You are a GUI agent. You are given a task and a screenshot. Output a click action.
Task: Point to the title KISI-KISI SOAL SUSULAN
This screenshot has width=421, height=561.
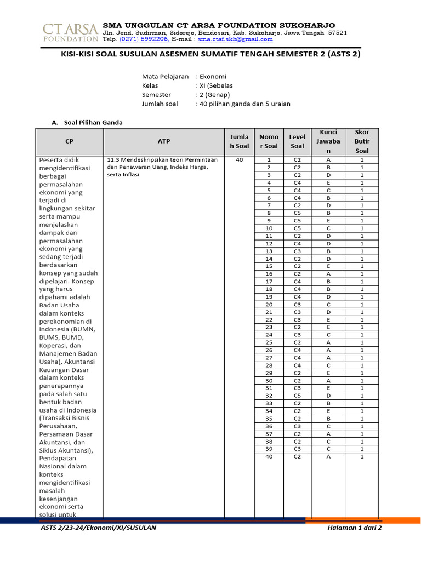coord(210,55)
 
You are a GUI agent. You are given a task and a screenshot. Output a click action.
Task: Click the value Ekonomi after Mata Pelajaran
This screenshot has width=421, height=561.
coord(213,76)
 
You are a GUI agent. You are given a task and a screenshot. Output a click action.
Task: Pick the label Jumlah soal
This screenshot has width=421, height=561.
coord(160,104)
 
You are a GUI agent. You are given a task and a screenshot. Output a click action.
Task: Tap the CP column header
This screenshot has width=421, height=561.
coord(69,141)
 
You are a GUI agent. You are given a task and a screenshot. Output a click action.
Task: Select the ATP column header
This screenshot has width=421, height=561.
coord(164,141)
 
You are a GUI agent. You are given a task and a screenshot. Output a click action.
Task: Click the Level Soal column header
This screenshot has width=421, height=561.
coord(297,141)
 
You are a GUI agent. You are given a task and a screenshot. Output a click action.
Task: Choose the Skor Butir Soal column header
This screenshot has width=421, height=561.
coord(362,141)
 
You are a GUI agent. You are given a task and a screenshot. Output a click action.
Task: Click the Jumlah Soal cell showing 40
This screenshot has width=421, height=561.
coord(239,159)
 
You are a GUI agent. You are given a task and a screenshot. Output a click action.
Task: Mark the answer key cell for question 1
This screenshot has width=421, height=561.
coord(328,159)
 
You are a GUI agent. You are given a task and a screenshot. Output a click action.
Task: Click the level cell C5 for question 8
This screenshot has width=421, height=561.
coord(297,213)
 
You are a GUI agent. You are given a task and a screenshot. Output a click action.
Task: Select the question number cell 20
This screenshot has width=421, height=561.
coord(269,304)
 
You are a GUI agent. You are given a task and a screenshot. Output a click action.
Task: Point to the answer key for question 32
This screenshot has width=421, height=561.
coord(328,395)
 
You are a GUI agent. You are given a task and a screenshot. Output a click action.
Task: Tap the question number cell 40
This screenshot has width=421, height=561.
coord(269,456)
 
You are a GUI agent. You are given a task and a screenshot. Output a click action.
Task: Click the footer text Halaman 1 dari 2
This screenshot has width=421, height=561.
coord(354,528)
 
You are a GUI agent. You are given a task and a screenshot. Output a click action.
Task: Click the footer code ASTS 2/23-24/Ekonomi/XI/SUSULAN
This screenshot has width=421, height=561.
coord(99,528)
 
